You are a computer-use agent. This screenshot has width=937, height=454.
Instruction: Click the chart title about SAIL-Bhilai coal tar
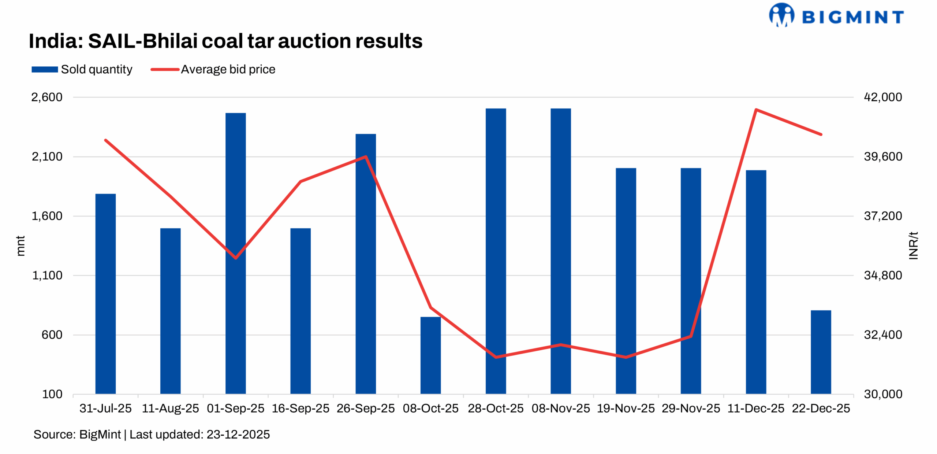point(225,41)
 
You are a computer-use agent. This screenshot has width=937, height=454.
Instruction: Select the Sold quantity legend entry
point(82,69)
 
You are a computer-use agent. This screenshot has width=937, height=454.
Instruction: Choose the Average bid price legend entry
point(213,69)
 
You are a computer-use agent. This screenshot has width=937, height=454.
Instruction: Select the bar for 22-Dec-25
point(821,352)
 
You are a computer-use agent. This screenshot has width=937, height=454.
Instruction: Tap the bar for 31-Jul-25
point(105,293)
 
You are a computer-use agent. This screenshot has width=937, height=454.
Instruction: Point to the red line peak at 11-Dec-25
point(756,110)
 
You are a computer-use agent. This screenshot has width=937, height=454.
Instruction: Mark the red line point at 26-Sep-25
point(366,157)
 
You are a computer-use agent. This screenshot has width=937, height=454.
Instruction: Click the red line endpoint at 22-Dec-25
point(821,134)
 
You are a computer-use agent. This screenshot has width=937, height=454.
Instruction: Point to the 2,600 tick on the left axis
point(46,97)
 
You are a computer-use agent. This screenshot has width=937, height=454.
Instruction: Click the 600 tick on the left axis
point(52,335)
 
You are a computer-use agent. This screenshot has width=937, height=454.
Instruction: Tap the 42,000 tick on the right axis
point(882,97)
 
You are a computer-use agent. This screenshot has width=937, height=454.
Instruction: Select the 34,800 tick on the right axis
point(882,275)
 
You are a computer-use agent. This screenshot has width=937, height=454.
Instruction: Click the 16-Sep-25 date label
point(300,408)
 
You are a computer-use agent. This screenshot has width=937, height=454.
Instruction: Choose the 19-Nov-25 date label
point(626,408)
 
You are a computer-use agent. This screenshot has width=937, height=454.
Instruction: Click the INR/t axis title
point(913,246)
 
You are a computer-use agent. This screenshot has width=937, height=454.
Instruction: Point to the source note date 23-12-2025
point(238,435)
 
